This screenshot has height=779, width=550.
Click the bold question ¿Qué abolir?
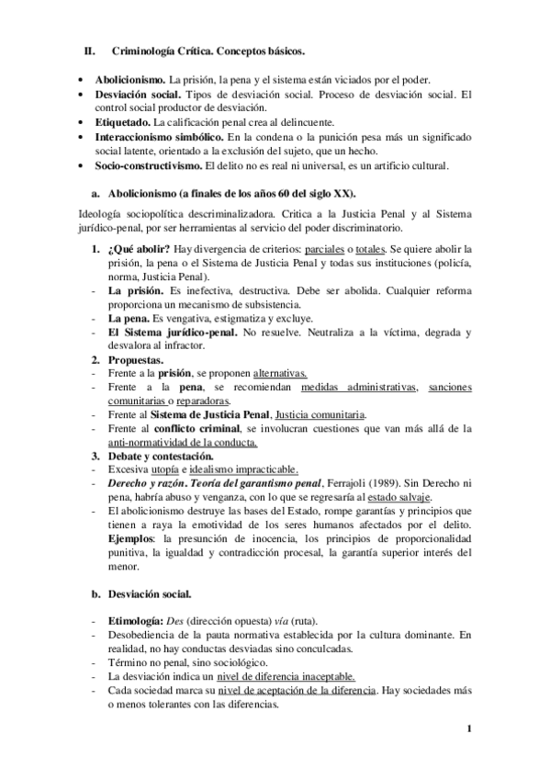[138, 250]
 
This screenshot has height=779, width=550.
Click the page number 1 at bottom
[469, 730]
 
